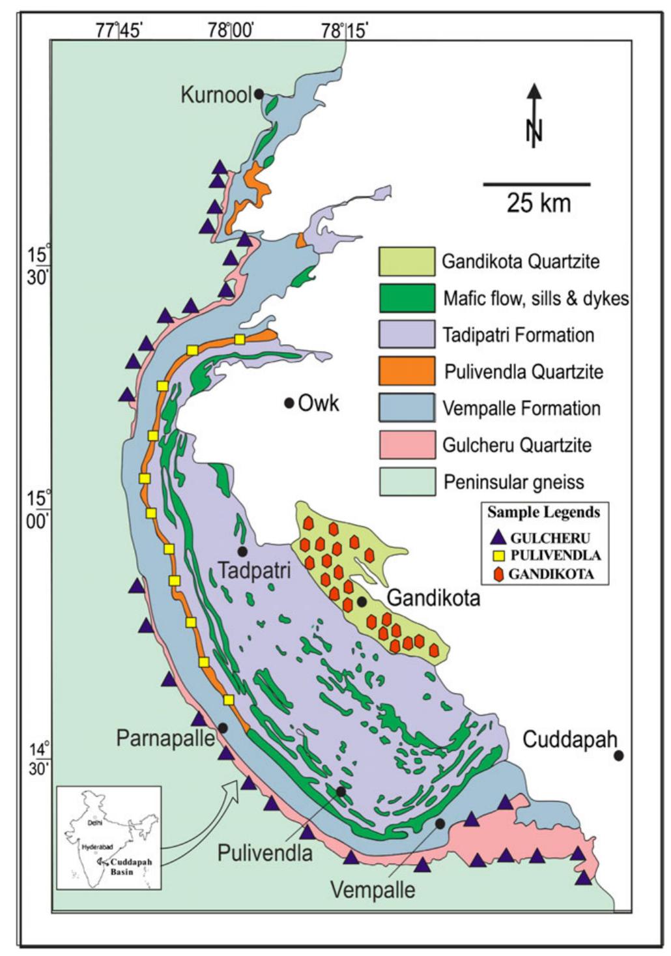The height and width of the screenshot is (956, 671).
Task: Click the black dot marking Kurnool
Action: click(259, 94)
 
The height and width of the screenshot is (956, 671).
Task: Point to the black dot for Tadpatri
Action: click(242, 551)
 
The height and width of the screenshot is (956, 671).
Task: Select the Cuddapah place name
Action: click(569, 739)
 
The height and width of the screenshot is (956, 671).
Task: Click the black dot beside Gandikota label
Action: click(362, 601)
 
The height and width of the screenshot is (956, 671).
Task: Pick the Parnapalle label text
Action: click(165, 738)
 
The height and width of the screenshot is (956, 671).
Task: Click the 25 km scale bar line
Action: click(536, 184)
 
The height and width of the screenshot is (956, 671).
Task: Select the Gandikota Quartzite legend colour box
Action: click(407, 261)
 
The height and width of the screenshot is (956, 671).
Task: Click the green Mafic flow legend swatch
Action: click(407, 298)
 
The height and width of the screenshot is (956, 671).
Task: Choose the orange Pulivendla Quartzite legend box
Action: click(407, 371)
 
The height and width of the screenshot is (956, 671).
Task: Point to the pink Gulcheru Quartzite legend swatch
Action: click(407, 445)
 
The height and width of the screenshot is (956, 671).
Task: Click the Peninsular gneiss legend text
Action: click(513, 482)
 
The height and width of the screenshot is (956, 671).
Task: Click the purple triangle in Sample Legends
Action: click(498, 538)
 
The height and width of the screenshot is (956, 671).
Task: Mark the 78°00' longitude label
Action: click(231, 30)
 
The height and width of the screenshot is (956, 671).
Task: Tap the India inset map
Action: click(109, 837)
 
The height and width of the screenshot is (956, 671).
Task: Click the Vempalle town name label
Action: click(373, 889)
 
